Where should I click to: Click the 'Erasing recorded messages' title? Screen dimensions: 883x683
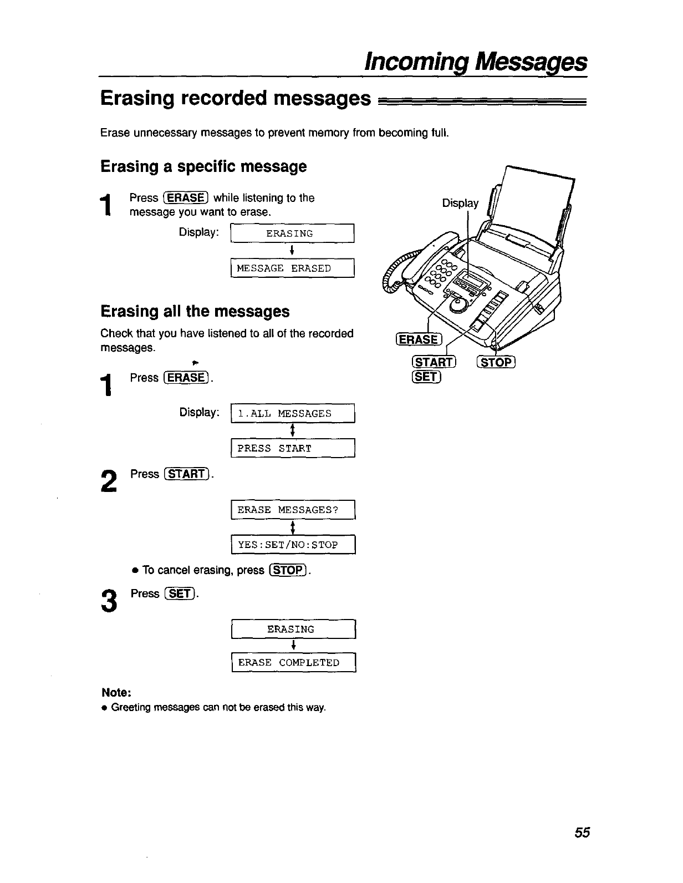point(236,99)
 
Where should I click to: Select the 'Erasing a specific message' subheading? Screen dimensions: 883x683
point(203,166)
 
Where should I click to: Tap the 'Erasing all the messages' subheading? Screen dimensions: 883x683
point(195,312)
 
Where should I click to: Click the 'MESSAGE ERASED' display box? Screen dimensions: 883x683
point(292,268)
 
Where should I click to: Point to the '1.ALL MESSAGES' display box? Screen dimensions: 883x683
point(292,414)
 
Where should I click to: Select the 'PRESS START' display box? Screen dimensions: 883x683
point(292,448)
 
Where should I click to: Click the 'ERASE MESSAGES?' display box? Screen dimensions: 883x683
point(292,510)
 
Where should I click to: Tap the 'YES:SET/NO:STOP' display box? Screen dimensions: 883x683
point(292,545)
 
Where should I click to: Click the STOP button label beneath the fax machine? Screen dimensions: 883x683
point(496,363)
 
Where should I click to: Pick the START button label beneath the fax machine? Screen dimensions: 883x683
point(434,363)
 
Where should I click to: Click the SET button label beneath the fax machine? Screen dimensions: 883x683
point(426,377)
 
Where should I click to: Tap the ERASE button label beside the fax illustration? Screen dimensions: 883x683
point(418,340)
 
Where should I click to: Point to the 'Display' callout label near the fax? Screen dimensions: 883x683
point(460,204)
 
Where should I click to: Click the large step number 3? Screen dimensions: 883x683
point(110,601)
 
